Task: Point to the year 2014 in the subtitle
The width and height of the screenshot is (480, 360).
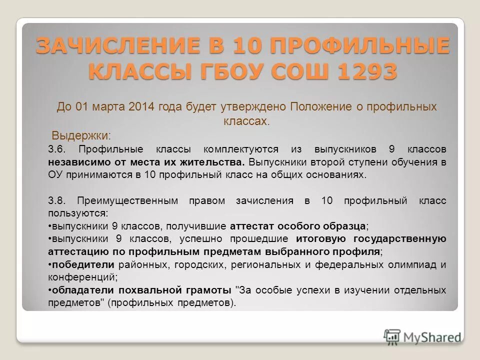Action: tap(142, 106)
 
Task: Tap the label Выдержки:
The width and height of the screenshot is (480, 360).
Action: tap(82, 135)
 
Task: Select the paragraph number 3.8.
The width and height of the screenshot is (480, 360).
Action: tap(57, 201)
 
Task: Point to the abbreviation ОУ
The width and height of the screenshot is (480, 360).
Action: tap(55, 175)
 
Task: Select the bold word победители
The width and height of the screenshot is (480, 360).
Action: tap(83, 264)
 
